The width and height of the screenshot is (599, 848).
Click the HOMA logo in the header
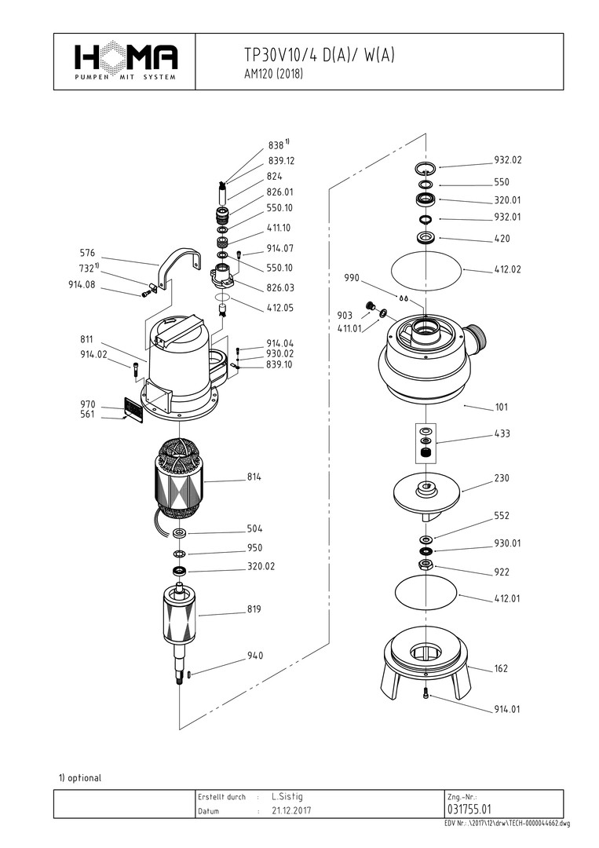click(x=126, y=60)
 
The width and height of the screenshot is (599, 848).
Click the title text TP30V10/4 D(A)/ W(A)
click(x=320, y=55)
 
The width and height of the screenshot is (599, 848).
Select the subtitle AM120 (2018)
click(x=274, y=75)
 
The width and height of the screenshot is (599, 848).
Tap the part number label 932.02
click(x=507, y=160)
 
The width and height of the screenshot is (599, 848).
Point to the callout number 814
click(x=254, y=477)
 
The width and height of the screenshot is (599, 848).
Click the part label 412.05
click(x=279, y=308)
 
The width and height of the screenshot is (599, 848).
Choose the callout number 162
click(x=501, y=669)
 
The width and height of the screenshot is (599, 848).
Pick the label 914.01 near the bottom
click(x=507, y=710)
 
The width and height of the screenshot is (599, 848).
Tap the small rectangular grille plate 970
click(x=133, y=409)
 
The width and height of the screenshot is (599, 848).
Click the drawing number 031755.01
click(x=469, y=810)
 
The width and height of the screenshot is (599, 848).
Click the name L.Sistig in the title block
click(x=287, y=796)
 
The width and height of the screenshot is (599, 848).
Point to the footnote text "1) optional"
click(x=80, y=778)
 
